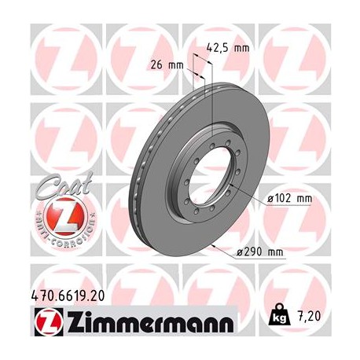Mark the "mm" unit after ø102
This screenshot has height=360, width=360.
[303, 199]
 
